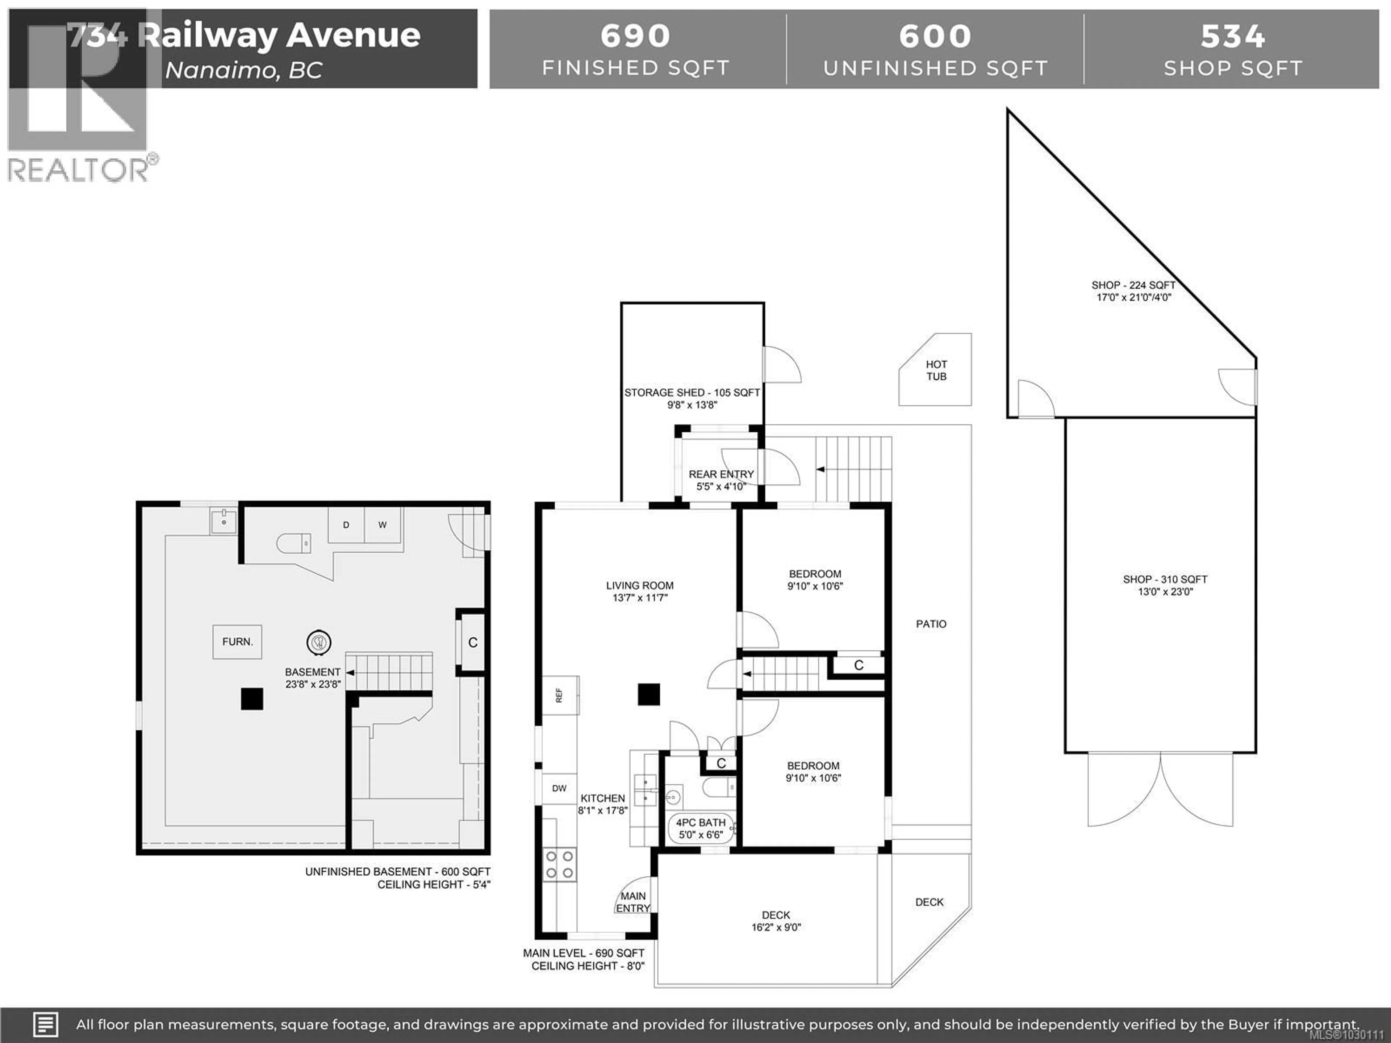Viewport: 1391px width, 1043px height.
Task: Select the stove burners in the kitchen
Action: pos(559,864)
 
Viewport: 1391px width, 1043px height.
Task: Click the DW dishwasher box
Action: pos(559,788)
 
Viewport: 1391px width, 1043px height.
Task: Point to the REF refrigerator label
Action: pos(559,695)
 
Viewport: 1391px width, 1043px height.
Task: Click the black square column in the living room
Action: pos(649,695)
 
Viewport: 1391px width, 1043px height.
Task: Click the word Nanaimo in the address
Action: pos(220,70)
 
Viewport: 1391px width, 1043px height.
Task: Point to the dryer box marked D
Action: pos(346,525)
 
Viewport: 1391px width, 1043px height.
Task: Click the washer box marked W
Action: pos(382,525)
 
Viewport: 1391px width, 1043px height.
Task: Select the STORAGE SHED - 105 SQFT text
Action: pos(692,392)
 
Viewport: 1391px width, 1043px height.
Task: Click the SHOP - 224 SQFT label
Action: pos(1133,285)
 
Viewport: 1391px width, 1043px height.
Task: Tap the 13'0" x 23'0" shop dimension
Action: pos(1165,592)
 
